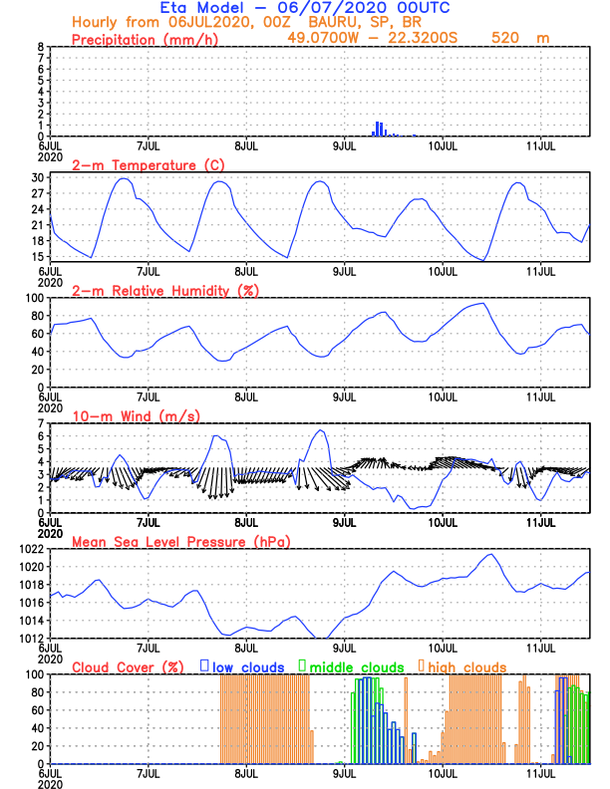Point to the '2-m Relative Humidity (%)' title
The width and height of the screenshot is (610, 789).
pos(164,290)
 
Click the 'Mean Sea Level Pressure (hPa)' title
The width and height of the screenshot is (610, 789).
pos(175,541)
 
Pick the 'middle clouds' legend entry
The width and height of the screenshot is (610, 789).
pos(357,666)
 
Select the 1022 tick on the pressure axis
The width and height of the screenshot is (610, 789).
pos(29,549)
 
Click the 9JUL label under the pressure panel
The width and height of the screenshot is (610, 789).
pos(345,647)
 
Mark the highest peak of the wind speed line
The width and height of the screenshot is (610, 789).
pos(320,430)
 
